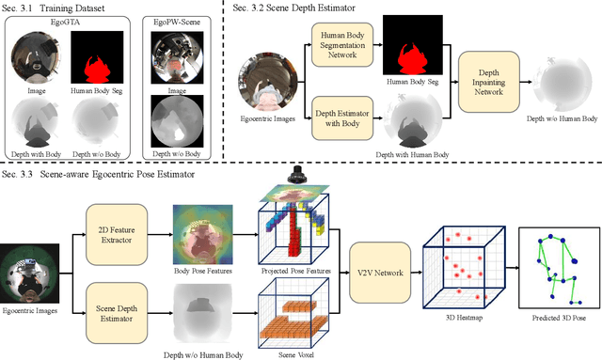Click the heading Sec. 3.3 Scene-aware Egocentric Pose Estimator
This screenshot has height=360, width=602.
[103, 173]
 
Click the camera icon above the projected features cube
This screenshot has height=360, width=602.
[297, 176]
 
